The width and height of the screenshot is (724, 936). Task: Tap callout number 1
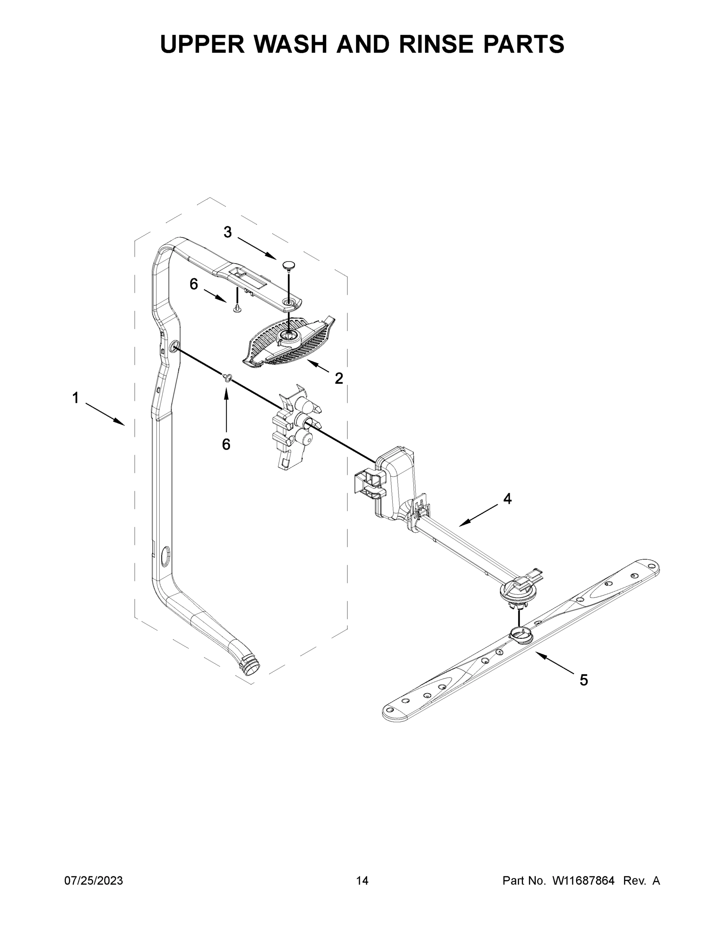click(75, 398)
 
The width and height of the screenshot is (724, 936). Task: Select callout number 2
click(339, 378)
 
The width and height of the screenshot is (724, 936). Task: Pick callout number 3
click(228, 232)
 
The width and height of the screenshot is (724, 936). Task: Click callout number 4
click(507, 498)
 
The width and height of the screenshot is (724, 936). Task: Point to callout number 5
click(584, 680)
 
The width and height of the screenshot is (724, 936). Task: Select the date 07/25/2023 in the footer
click(94, 880)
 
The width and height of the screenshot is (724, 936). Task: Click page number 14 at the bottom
click(362, 880)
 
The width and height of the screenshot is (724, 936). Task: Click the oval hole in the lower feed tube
click(165, 556)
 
